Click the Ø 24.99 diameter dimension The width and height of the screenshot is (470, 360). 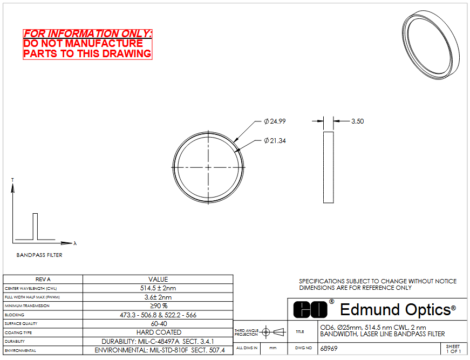275,121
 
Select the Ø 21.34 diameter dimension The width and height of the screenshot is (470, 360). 275,140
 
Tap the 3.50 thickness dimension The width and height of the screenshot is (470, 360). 358,121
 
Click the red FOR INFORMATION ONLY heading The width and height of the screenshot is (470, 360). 87,33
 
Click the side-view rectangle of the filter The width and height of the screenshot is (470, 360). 329,167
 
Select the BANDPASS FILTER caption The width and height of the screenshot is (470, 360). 39,255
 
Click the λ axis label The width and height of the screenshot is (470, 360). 75,243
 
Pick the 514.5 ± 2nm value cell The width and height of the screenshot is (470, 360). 158,288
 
